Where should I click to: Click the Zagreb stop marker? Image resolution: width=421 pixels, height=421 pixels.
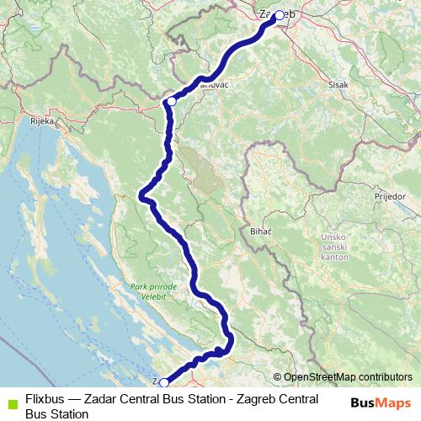(279, 15)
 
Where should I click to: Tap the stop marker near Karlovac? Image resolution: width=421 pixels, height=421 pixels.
(171, 101)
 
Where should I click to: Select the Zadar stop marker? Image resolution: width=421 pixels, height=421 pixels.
(164, 383)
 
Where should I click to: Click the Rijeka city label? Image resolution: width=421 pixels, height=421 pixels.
(41, 121)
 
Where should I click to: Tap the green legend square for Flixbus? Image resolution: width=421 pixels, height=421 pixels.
(10, 401)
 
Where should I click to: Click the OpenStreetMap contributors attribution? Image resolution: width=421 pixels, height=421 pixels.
(347, 377)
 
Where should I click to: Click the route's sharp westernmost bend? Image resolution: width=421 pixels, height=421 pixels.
(141, 196)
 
